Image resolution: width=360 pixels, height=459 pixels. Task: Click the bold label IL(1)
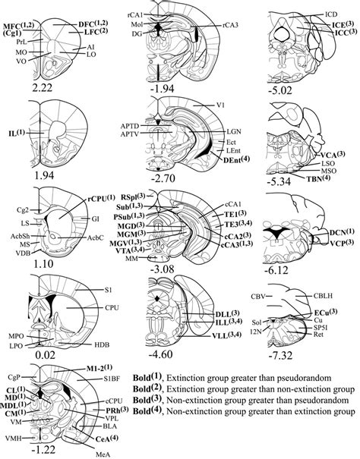15,134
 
